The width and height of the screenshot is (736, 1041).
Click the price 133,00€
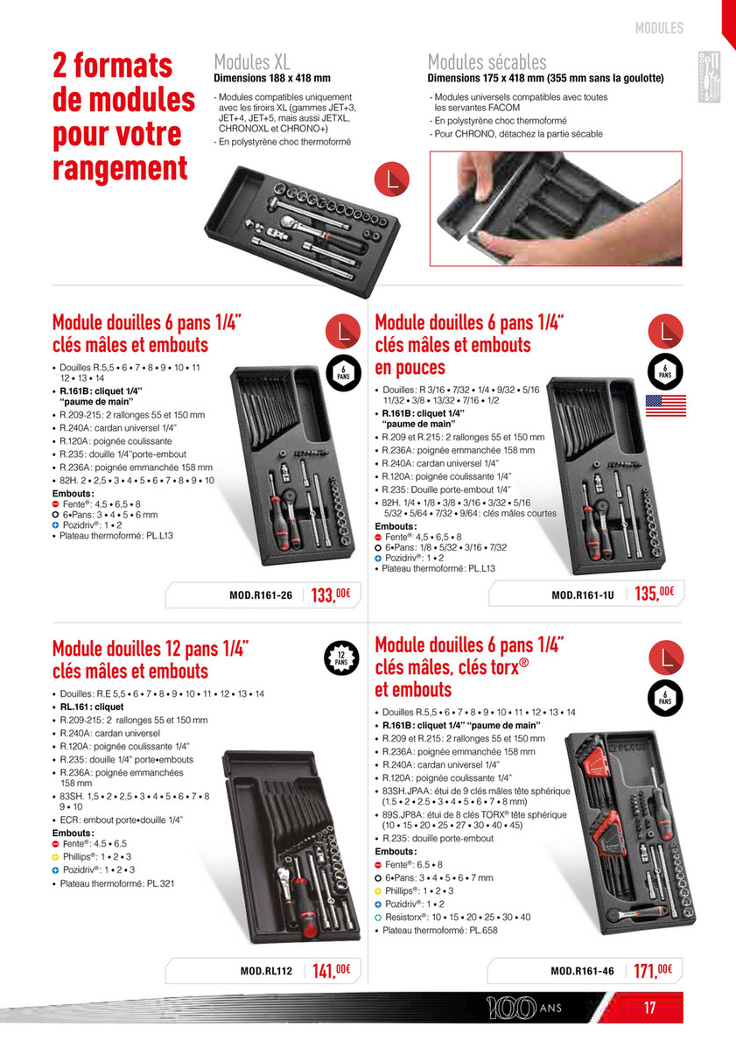[x=331, y=594]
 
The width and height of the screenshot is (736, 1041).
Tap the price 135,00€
[x=655, y=593]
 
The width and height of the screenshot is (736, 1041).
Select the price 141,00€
[x=331, y=970]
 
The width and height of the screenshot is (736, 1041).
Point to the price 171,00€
[x=653, y=970]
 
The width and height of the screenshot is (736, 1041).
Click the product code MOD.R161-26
[x=261, y=595]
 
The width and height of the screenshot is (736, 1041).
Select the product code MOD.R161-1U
[x=583, y=595]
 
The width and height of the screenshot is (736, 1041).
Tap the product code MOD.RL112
[x=266, y=971]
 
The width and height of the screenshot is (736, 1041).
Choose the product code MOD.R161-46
[x=582, y=971]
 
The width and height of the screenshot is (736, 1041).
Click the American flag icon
[x=666, y=405]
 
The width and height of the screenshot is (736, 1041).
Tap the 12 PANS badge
[x=341, y=658]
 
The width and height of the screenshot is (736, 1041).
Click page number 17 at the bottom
[x=649, y=1008]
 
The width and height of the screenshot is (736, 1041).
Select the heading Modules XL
[x=251, y=62]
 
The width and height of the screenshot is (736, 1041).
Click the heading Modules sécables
[x=487, y=62]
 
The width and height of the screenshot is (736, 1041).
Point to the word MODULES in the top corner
[x=659, y=28]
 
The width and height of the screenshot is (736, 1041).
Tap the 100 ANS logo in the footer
[x=523, y=1008]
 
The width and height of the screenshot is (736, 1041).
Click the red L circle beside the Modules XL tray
[x=391, y=179]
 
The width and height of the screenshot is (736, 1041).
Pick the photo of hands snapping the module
[x=556, y=208]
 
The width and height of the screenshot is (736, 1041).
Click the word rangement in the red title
[x=120, y=168]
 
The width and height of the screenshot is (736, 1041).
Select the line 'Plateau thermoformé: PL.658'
[x=440, y=930]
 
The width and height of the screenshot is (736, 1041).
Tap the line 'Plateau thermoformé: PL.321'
[x=116, y=883]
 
